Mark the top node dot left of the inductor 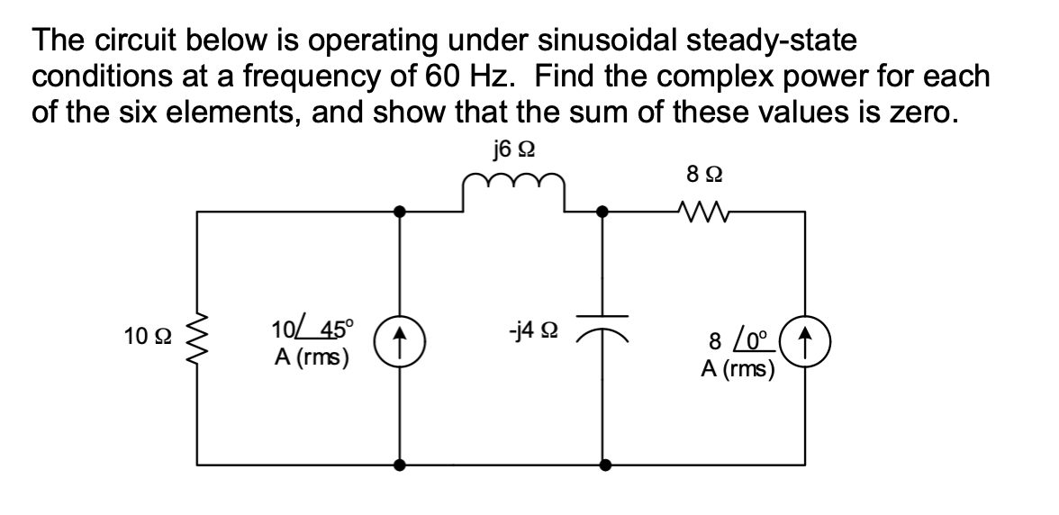point(400,212)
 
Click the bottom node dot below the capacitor point(604,465)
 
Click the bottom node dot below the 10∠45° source point(400,465)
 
